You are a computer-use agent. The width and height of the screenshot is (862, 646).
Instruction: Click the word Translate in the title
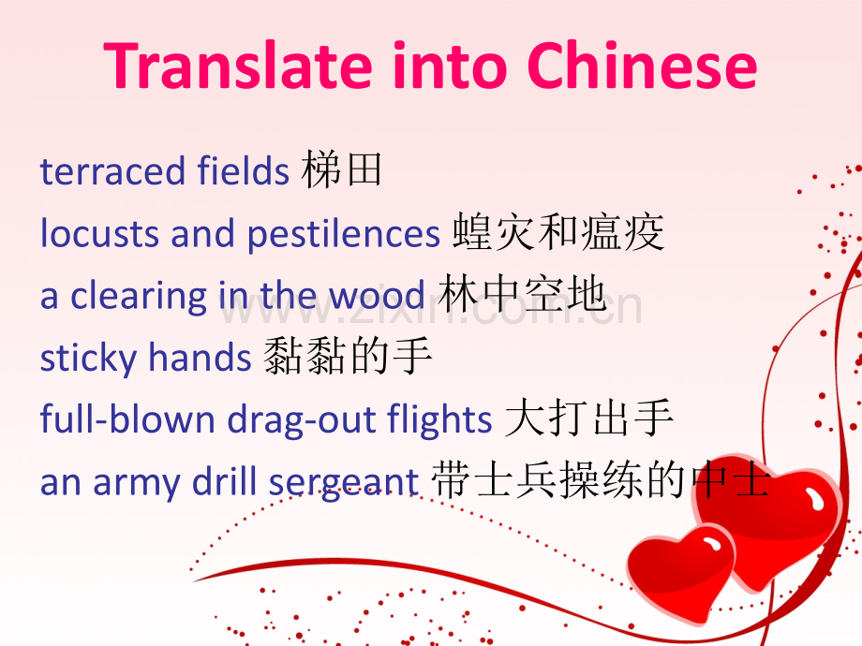point(218,66)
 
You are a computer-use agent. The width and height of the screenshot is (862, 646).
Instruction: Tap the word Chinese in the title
point(642,66)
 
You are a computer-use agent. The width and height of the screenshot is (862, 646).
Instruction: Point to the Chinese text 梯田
point(343,171)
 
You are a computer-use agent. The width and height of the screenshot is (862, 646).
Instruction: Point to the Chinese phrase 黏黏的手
point(347,358)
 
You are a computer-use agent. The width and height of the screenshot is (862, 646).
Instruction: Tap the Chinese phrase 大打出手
point(589,420)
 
